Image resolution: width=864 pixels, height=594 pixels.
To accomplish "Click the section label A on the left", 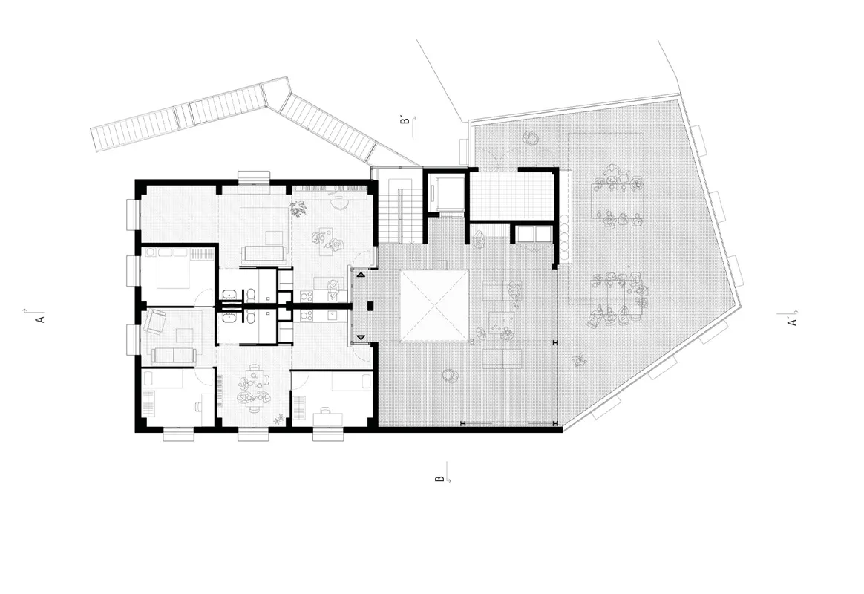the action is coord(39,319).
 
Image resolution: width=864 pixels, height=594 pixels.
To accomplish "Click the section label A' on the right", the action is coord(793,321).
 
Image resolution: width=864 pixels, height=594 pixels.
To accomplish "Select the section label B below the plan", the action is coord(439,477).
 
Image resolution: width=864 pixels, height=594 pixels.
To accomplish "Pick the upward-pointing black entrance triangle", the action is coord(361,275).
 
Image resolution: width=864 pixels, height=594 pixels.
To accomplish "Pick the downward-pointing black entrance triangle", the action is coord(361,337).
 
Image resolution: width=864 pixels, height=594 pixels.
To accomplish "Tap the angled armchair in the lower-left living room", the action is coord(155,322).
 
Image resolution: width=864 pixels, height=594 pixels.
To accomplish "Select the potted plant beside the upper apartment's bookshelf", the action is coord(299,209).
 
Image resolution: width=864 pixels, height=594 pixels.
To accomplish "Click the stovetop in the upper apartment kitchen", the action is coord(307,296).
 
